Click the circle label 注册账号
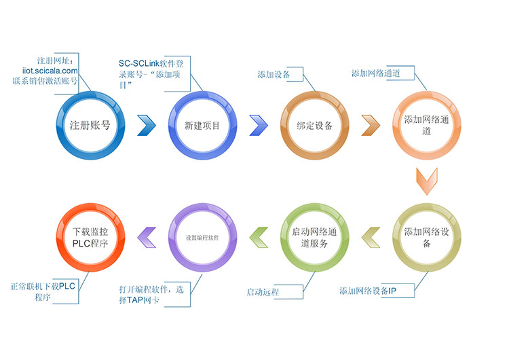click(x=90, y=125)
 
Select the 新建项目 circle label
click(x=202, y=126)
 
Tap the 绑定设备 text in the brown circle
click(x=314, y=126)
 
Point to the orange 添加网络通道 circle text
click(x=426, y=125)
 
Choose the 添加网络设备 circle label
click(x=426, y=237)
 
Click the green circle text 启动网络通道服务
click(x=314, y=237)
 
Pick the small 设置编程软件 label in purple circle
click(x=202, y=238)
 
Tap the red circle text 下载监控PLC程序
click(x=90, y=237)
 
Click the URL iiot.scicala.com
click(x=50, y=71)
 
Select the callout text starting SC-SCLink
click(x=151, y=74)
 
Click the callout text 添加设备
click(x=274, y=75)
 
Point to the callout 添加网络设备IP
click(x=368, y=291)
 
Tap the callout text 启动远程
click(x=263, y=292)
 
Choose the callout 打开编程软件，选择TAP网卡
click(x=151, y=294)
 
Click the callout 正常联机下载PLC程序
click(x=43, y=291)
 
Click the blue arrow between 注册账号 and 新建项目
click(x=147, y=125)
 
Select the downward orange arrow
click(x=427, y=181)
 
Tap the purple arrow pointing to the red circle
click(x=147, y=238)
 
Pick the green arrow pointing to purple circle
click(x=259, y=238)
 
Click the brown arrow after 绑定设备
click(x=371, y=125)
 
